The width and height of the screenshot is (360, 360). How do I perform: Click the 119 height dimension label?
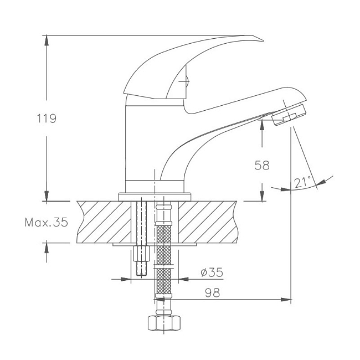47,119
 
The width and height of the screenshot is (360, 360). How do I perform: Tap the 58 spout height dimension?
262,165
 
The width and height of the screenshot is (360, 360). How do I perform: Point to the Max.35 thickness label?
47,222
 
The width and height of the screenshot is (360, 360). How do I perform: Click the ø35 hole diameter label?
212,272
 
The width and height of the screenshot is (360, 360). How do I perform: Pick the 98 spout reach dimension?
212,292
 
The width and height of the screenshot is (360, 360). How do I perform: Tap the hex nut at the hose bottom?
164,323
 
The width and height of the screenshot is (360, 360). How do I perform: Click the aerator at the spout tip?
289,114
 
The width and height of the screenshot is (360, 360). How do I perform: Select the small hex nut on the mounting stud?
141,253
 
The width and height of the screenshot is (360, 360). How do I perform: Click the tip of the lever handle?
263,41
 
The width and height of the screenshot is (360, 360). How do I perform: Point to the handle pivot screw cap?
187,81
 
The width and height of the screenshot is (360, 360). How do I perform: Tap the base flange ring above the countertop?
155,198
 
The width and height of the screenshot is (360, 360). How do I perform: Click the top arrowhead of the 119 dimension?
47,39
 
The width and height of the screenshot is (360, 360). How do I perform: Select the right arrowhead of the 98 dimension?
286,300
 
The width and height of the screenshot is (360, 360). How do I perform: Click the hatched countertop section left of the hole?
104,222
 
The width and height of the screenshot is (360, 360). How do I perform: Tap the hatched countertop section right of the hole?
208,222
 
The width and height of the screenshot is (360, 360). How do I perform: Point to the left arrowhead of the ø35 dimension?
126,279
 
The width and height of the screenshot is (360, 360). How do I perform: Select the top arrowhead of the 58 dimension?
262,125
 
